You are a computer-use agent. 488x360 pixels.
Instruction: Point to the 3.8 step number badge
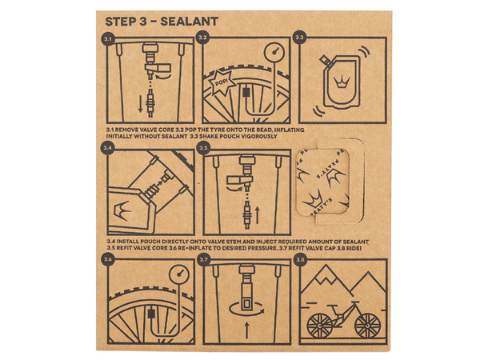tap(300, 259)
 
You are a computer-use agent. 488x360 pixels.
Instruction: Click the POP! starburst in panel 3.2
tap(219, 83)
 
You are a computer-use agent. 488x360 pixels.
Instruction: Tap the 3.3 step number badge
tap(300, 38)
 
